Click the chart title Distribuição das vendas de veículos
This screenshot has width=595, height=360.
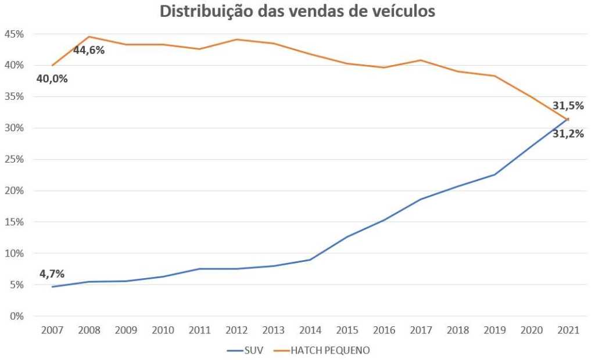click(x=297, y=12)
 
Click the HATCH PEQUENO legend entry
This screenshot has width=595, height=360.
click(x=330, y=350)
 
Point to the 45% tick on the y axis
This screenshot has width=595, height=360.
click(x=14, y=34)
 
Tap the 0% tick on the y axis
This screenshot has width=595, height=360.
click(x=16, y=316)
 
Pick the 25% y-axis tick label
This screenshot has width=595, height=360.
click(x=14, y=159)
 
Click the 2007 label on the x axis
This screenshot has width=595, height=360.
click(x=52, y=330)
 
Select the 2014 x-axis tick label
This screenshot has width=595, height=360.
click(x=310, y=330)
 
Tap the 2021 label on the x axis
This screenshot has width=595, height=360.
click(x=568, y=330)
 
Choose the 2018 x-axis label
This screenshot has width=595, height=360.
click(x=458, y=330)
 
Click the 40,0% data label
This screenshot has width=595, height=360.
click(x=52, y=78)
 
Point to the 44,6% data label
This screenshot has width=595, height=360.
click(x=89, y=50)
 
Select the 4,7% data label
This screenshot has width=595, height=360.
click(x=52, y=274)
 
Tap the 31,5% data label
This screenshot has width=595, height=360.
click(x=568, y=106)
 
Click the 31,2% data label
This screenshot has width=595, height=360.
click(x=568, y=134)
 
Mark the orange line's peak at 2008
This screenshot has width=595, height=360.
click(x=89, y=37)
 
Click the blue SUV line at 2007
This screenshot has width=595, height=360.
click(x=52, y=287)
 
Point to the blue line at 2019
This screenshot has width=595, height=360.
click(x=494, y=175)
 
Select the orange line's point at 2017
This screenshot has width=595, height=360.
click(x=421, y=60)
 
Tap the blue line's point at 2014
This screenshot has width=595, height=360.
click(x=310, y=260)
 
